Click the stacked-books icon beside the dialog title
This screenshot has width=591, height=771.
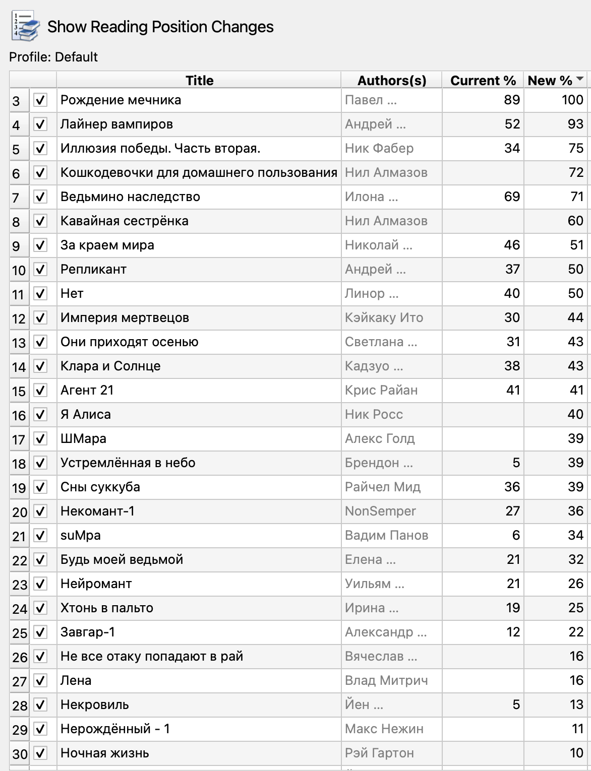click(25, 26)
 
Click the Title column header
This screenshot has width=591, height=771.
click(199, 81)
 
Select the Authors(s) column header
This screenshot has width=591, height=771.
click(391, 81)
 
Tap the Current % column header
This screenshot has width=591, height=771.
click(483, 81)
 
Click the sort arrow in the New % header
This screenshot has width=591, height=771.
click(579, 79)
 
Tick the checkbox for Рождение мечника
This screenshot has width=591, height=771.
click(40, 100)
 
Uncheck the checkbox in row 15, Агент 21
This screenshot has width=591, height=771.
click(40, 391)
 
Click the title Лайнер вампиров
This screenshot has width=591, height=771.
click(116, 124)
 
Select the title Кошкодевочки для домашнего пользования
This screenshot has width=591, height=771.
click(199, 173)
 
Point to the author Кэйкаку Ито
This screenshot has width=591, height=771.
click(384, 318)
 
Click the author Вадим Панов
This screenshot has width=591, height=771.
click(386, 536)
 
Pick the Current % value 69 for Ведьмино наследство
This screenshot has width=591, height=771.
click(511, 197)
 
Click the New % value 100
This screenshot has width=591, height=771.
click(572, 100)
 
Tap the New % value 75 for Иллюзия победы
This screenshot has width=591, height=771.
click(575, 149)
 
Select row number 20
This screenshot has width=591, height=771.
click(19, 512)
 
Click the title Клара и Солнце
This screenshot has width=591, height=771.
click(110, 366)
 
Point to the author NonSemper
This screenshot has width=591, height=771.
click(380, 511)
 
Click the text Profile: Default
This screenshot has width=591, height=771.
click(53, 57)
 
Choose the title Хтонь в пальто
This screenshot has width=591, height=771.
click(107, 608)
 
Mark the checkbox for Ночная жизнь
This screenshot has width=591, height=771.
click(40, 753)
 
